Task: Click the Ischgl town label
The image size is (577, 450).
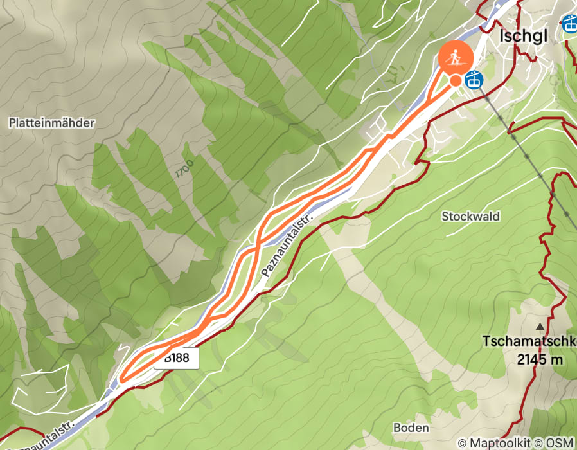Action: pyautogui.click(x=524, y=36)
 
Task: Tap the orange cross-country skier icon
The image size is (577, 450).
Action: pyautogui.click(x=456, y=58)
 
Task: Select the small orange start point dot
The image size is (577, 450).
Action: pyautogui.click(x=456, y=80)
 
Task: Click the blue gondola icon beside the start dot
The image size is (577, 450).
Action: pyautogui.click(x=474, y=80)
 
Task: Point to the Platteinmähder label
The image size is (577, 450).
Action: pyautogui.click(x=52, y=122)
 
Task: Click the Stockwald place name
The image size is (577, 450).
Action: pyautogui.click(x=470, y=216)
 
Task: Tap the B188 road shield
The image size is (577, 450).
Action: pyautogui.click(x=176, y=358)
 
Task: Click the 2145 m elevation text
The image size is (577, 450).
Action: pyautogui.click(x=540, y=359)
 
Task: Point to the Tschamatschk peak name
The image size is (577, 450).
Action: pyautogui.click(x=530, y=341)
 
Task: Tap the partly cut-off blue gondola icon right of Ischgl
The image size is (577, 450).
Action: pyautogui.click(x=570, y=24)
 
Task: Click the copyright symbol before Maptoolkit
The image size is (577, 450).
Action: pyautogui.click(x=462, y=443)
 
